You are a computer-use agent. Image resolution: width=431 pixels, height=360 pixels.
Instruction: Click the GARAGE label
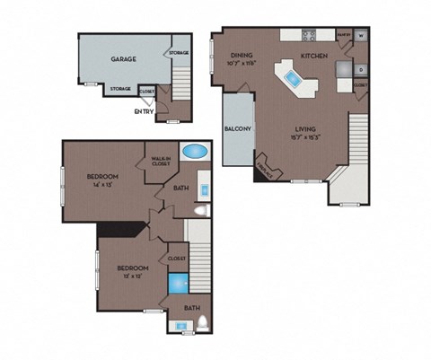[123, 58]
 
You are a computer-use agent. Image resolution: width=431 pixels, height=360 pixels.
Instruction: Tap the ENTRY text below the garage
[143, 111]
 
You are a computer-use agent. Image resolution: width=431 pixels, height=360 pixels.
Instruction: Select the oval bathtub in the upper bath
[195, 152]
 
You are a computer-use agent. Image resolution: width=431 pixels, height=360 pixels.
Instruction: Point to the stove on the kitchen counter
[310, 37]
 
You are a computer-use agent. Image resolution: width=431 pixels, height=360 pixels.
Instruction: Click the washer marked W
[360, 37]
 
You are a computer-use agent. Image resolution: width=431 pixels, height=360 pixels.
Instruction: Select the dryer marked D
[360, 69]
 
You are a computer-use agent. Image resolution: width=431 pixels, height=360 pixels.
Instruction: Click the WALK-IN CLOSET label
[162, 158]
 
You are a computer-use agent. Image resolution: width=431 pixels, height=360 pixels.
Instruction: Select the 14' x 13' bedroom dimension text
[103, 186]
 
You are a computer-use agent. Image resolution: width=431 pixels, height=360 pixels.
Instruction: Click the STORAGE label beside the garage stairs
[179, 53]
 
